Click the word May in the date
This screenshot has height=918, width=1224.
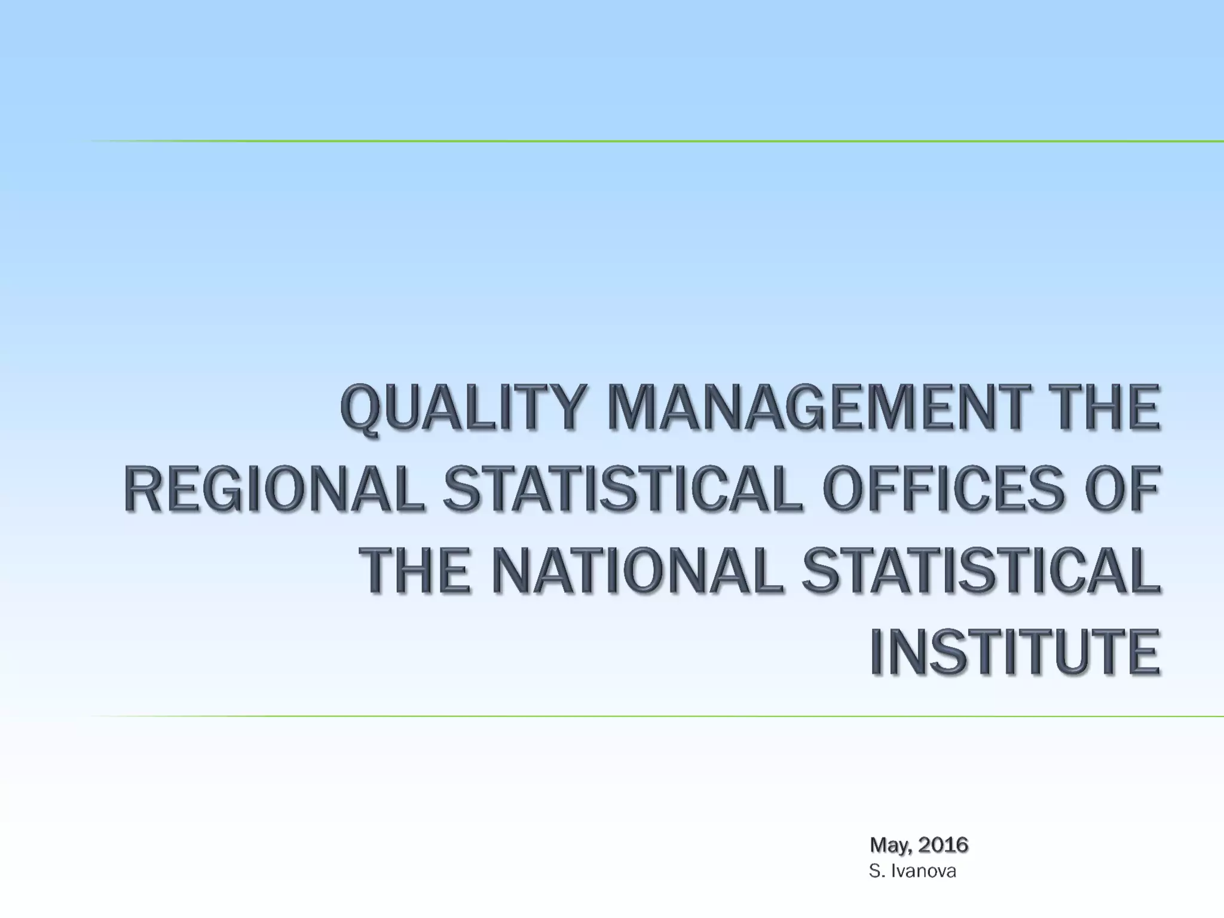pyautogui.click(x=889, y=845)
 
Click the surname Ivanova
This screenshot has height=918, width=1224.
pyautogui.click(x=923, y=872)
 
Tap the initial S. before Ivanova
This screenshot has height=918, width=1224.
pyautogui.click(x=876, y=872)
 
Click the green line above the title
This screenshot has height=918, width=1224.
pyautogui.click(x=657, y=142)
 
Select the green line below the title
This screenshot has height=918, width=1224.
pyautogui.click(x=657, y=716)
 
